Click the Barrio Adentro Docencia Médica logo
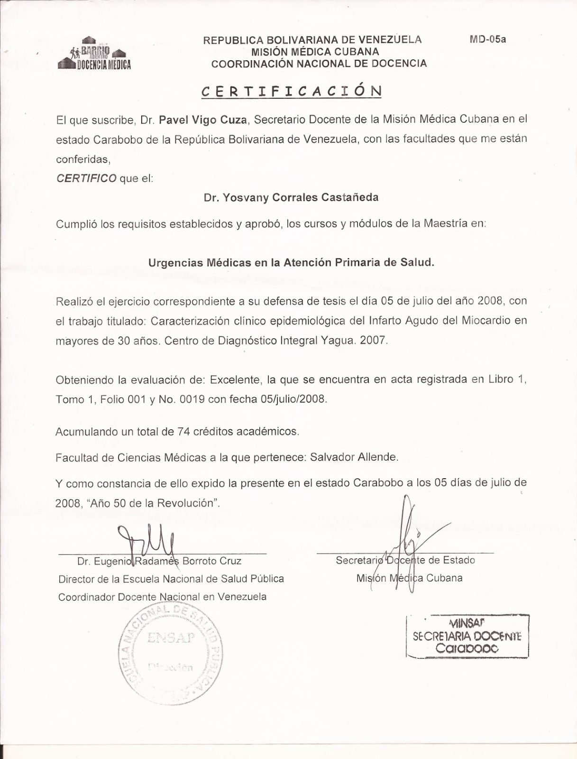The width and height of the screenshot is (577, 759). (94, 55)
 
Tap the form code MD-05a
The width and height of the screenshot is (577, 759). (487, 39)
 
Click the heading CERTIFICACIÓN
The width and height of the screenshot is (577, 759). (291, 91)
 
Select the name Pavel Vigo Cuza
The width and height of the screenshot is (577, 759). (203, 120)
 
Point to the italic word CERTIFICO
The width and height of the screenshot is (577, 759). (86, 178)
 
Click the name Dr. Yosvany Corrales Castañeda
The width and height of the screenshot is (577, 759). (291, 197)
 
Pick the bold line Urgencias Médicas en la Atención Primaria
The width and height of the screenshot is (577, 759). (291, 262)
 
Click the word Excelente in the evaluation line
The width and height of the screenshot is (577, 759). (235, 379)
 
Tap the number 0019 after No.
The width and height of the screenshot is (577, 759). (192, 399)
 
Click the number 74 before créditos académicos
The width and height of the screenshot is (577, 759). (183, 432)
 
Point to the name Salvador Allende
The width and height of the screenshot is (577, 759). (354, 457)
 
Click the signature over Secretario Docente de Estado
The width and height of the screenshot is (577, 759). (408, 541)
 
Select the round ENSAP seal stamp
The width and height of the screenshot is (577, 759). (170, 652)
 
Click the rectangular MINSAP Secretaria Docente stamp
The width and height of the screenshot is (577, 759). (467, 636)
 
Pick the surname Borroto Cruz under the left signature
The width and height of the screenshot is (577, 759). (212, 561)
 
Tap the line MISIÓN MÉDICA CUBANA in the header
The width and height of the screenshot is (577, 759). (315, 52)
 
